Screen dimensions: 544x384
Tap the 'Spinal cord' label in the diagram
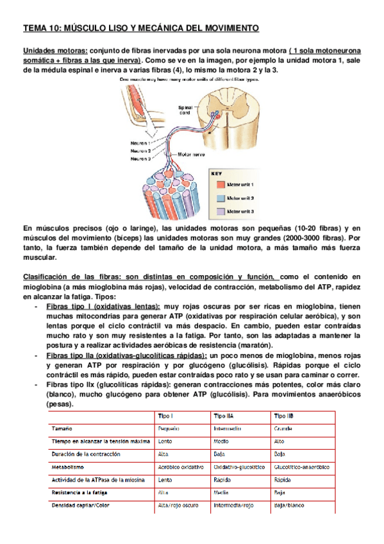(x=185, y=110)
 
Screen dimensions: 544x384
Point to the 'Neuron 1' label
(x=140, y=142)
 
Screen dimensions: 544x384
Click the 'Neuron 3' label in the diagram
(x=140, y=158)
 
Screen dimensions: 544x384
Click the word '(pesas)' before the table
(x=60, y=405)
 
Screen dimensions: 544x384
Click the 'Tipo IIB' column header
(x=284, y=416)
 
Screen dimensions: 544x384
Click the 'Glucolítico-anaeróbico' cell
(x=302, y=467)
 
